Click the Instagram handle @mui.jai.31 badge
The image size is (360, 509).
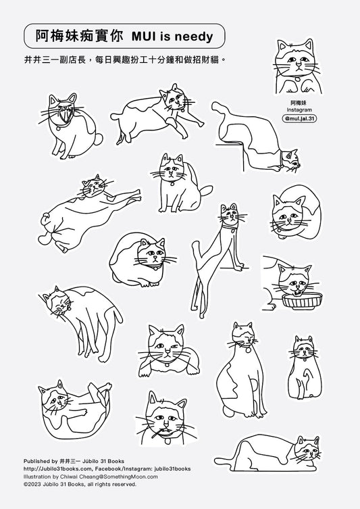(x=299, y=118)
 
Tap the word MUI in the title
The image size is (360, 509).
(x=144, y=37)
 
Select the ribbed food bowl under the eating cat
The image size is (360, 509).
(x=303, y=301)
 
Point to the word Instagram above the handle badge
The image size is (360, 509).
(x=299, y=110)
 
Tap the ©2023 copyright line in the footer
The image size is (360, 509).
(x=80, y=485)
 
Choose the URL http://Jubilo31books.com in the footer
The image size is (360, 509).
(x=57, y=468)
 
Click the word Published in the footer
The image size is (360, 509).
(x=36, y=461)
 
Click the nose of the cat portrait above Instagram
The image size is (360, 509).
(x=299, y=64)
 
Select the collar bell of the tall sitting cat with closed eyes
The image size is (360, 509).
(x=248, y=350)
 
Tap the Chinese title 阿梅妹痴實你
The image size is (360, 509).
(x=79, y=37)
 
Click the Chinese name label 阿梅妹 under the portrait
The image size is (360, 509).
(x=299, y=103)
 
